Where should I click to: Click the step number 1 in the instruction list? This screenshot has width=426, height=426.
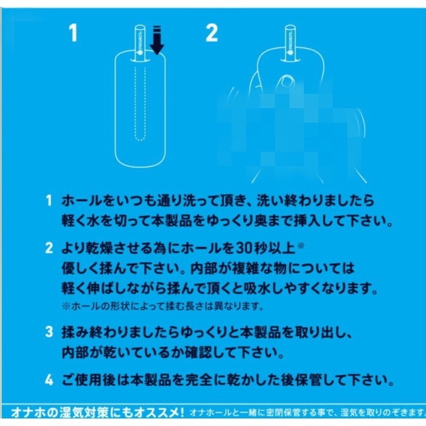coord(49,201)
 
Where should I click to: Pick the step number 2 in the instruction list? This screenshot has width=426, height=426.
coord(49,249)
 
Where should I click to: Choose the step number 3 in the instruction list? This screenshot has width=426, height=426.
coord(49,333)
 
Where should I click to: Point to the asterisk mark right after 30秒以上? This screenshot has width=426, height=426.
coord(300,247)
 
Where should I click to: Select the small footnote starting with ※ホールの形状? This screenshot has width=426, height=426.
coord(162,306)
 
